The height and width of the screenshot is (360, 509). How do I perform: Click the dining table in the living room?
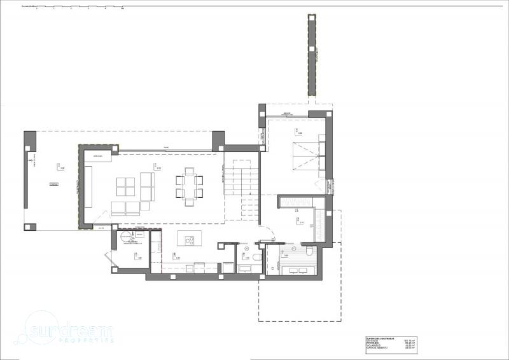[x=189, y=187]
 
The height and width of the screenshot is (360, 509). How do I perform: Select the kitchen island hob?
[x=188, y=240]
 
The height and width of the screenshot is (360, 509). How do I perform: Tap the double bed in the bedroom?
[x=304, y=156]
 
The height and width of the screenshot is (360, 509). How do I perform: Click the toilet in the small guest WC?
[x=254, y=256]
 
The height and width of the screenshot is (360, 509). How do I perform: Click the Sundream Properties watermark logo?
[x=70, y=331]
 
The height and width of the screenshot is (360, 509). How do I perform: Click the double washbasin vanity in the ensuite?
[x=296, y=271]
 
